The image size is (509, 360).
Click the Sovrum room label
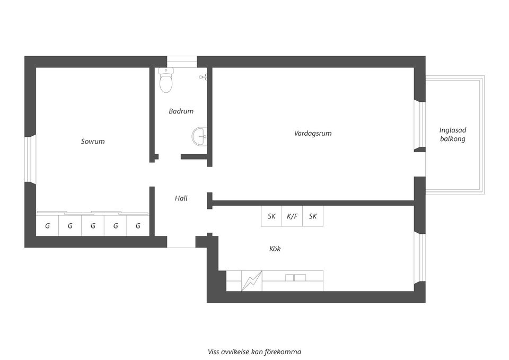(93, 142)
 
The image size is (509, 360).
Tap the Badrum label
(181, 111)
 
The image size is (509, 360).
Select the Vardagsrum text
(313, 133)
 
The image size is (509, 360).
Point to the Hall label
(181, 198)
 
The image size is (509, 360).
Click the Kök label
(275, 248)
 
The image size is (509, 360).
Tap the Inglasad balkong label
(453, 134)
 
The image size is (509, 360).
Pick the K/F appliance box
(292, 216)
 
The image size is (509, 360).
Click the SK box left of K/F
(271, 216)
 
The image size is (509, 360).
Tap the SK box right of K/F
(313, 216)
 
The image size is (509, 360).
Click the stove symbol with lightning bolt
(251, 280)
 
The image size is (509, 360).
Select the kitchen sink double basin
(295, 277)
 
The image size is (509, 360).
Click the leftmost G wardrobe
(47, 225)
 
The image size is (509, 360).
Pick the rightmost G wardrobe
(138, 225)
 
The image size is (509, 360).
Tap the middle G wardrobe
(93, 225)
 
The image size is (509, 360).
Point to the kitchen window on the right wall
(422, 257)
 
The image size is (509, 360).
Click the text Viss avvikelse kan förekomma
(254, 352)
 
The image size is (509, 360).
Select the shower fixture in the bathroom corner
(203, 77)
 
